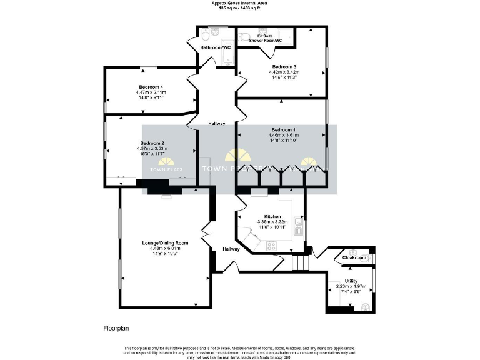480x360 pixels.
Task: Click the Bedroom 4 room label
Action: click(151, 87)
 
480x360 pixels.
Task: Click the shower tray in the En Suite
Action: click(287, 35)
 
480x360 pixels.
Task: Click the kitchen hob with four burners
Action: click(272, 246)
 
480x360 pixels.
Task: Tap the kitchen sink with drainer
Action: click(299, 226)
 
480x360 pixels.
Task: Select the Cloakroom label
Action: click(354, 257)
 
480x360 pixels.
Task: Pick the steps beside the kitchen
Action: click(301, 262)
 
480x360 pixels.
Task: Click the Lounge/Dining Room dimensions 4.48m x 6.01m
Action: click(165, 249)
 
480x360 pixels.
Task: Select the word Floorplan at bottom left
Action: click(117, 327)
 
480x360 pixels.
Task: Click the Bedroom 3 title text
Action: click(284, 66)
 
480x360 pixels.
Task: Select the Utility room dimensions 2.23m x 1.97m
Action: click(351, 287)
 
